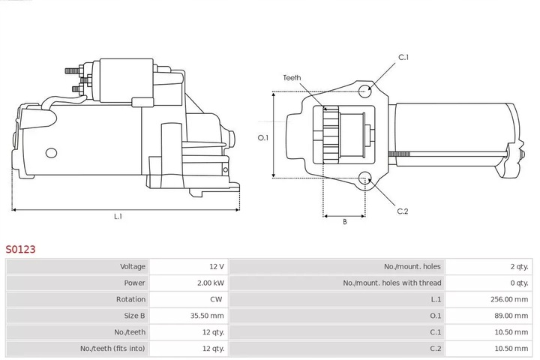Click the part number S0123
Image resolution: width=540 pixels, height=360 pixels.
pyautogui.click(x=21, y=248)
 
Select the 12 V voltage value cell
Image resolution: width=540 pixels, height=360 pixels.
pyautogui.click(x=216, y=266)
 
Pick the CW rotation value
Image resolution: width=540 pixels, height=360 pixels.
pyautogui.click(x=217, y=299)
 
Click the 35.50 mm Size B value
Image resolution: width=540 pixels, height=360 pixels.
pyautogui.click(x=208, y=316)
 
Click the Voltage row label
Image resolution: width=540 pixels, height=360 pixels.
pyautogui.click(x=132, y=266)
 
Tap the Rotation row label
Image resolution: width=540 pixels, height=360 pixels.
pyautogui.click(x=131, y=299)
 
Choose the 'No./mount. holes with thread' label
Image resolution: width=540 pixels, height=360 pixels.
pyautogui.click(x=392, y=283)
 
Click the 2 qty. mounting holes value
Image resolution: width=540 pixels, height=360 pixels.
pyautogui.click(x=518, y=266)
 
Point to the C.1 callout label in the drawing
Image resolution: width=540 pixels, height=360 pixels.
pyautogui.click(x=403, y=57)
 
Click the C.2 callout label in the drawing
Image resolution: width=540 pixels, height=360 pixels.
pyautogui.click(x=403, y=211)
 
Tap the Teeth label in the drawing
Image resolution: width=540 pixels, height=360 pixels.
pyautogui.click(x=292, y=77)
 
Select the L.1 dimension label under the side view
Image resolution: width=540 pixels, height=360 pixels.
pyautogui.click(x=118, y=217)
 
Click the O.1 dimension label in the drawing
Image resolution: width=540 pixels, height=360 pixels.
pyautogui.click(x=262, y=137)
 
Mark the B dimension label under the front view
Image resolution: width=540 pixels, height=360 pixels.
pyautogui.click(x=344, y=222)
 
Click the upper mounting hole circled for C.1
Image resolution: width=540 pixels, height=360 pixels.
pyautogui.click(x=364, y=92)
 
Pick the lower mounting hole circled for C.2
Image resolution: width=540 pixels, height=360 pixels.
pyautogui.click(x=364, y=178)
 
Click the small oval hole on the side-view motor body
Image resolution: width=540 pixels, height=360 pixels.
pyautogui.click(x=51, y=152)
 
